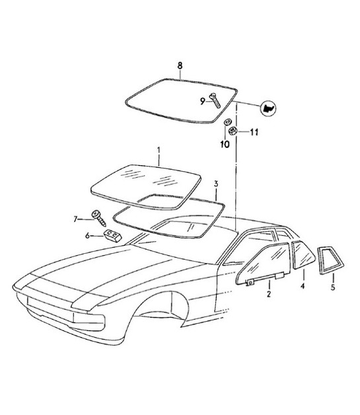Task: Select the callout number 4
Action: [x=303, y=287]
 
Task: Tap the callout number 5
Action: [x=332, y=287]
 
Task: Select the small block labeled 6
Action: [x=112, y=236]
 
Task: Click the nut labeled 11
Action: [x=233, y=132]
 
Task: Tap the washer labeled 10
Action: [x=226, y=122]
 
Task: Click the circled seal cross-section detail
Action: [x=268, y=107]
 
